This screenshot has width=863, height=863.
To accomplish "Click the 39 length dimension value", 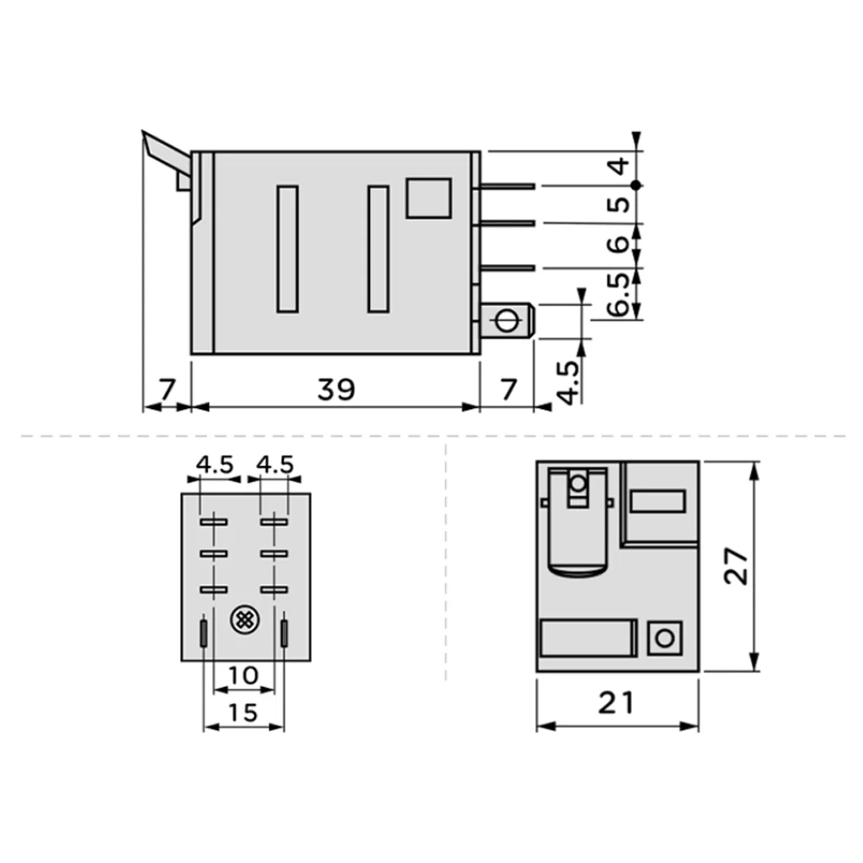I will (336, 390).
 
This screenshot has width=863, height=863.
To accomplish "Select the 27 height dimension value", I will (735, 566).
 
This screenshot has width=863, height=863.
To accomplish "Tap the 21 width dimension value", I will (616, 703).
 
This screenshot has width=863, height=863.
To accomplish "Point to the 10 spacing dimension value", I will (244, 675).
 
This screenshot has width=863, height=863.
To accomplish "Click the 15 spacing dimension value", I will (244, 712).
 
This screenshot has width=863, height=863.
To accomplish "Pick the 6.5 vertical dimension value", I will (617, 295).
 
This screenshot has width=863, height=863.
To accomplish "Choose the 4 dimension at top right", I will (618, 166).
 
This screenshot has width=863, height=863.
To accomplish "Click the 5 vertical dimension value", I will (618, 205).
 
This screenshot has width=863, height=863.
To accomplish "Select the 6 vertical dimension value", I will (618, 245).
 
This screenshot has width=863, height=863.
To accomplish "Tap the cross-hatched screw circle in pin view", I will (244, 619).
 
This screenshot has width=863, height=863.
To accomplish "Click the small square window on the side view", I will (428, 198).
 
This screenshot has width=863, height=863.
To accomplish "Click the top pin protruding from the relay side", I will (509, 186).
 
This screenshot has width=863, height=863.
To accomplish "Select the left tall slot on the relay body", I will (287, 249).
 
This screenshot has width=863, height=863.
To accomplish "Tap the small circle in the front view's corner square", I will (663, 639).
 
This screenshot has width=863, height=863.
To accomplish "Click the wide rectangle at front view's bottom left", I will (588, 639).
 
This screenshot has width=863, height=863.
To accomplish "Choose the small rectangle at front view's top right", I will (658, 501).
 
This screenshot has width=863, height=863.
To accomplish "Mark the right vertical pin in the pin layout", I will (284, 633).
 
